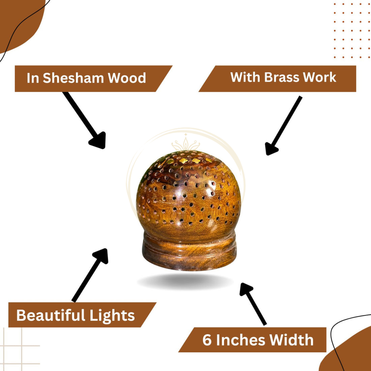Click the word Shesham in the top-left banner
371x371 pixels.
[x=73, y=78]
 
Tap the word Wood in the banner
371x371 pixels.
[x=127, y=78]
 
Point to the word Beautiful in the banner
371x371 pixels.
[x=51, y=316]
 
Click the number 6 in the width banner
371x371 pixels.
[x=207, y=340]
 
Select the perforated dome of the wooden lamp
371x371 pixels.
[x=188, y=193]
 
